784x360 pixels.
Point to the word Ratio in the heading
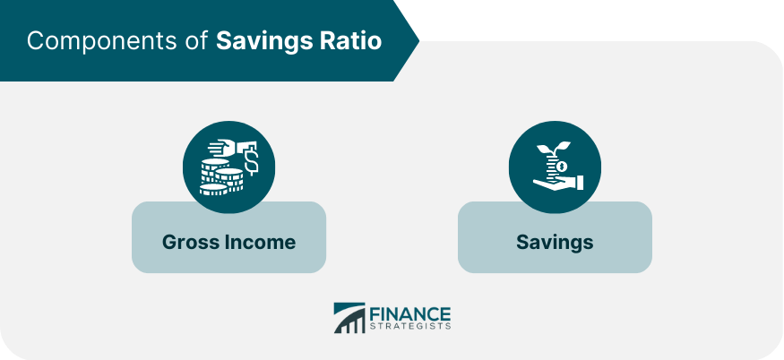pyautogui.click(x=348, y=41)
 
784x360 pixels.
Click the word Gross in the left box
pyautogui.click(x=191, y=242)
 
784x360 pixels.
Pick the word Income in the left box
pyautogui.click(x=260, y=242)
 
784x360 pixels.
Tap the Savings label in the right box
pyautogui.click(x=555, y=243)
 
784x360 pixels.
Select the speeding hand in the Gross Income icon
pyautogui.click(x=227, y=148)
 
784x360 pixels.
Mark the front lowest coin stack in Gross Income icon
pyautogui.click(x=213, y=190)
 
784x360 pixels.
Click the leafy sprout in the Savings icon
pyautogui.click(x=554, y=149)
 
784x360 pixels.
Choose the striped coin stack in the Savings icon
pyautogui.click(x=552, y=166)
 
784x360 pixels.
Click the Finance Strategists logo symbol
pyautogui.click(x=349, y=318)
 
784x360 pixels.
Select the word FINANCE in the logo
pyautogui.click(x=410, y=314)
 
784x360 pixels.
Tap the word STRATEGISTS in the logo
pyautogui.click(x=410, y=327)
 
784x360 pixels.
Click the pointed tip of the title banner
pyautogui.click(x=419, y=39)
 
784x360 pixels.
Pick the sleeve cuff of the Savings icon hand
pyautogui.click(x=580, y=183)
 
